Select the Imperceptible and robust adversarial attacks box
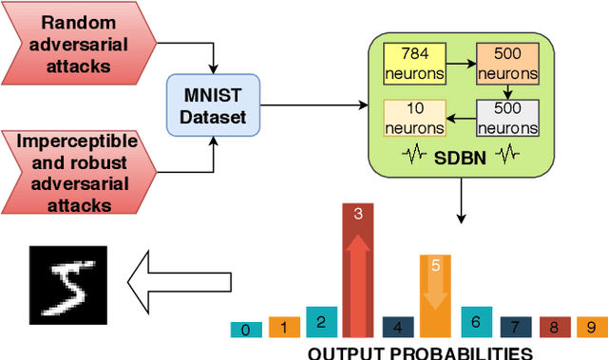(x=78, y=173)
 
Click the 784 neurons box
(x=416, y=62)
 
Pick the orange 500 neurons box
(x=506, y=62)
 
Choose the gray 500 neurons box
(x=506, y=119)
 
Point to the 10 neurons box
(x=416, y=119)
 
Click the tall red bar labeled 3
(x=358, y=271)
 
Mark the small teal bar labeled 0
(x=246, y=330)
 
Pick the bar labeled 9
(x=591, y=328)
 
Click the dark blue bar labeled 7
(x=515, y=327)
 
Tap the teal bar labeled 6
(x=476, y=322)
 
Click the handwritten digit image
(x=68, y=283)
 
